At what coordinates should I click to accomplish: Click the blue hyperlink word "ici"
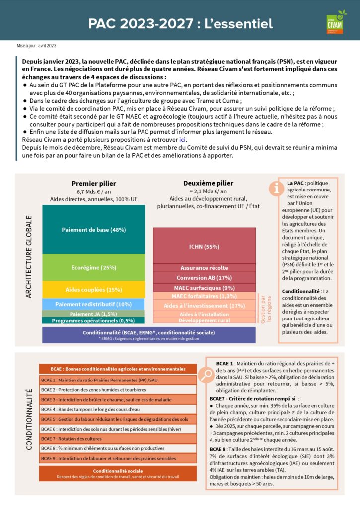(183, 140)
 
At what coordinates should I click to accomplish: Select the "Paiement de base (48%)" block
(93, 229)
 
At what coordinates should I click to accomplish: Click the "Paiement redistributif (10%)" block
(93, 304)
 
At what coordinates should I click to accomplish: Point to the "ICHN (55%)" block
(204, 246)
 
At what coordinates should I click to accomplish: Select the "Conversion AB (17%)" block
(204, 278)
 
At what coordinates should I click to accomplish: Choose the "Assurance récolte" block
(204, 268)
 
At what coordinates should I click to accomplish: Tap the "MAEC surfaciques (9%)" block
(204, 288)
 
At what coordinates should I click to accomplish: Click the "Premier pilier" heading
(93, 183)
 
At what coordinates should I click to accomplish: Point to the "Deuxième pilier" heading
(208, 183)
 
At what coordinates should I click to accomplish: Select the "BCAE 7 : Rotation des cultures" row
(113, 439)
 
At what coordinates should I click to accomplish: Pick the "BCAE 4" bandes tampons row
(113, 409)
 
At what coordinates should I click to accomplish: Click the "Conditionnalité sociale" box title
(113, 471)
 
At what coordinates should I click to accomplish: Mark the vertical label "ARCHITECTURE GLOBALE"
(28, 256)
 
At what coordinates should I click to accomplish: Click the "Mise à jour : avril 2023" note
(37, 46)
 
